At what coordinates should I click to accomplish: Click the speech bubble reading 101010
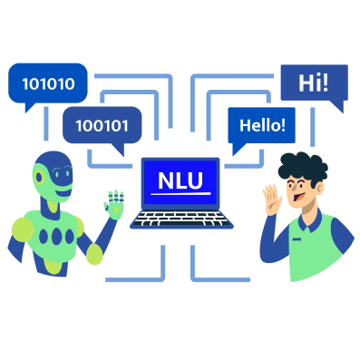(x=48, y=83)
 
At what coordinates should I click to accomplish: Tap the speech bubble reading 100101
(x=102, y=125)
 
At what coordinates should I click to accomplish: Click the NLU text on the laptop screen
(x=180, y=180)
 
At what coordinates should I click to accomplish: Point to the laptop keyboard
(x=181, y=219)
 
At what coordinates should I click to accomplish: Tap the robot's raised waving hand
(x=114, y=205)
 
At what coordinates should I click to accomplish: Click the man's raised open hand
(x=272, y=199)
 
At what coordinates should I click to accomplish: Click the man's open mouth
(x=298, y=198)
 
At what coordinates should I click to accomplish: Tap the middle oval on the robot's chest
(x=56, y=237)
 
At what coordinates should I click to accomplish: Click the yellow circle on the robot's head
(x=39, y=177)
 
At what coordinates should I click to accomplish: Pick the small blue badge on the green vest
(x=297, y=239)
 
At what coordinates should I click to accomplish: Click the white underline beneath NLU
(x=180, y=193)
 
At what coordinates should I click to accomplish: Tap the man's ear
(x=320, y=188)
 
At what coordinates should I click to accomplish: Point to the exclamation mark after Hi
(x=325, y=83)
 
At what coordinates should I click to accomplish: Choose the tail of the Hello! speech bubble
(x=237, y=149)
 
